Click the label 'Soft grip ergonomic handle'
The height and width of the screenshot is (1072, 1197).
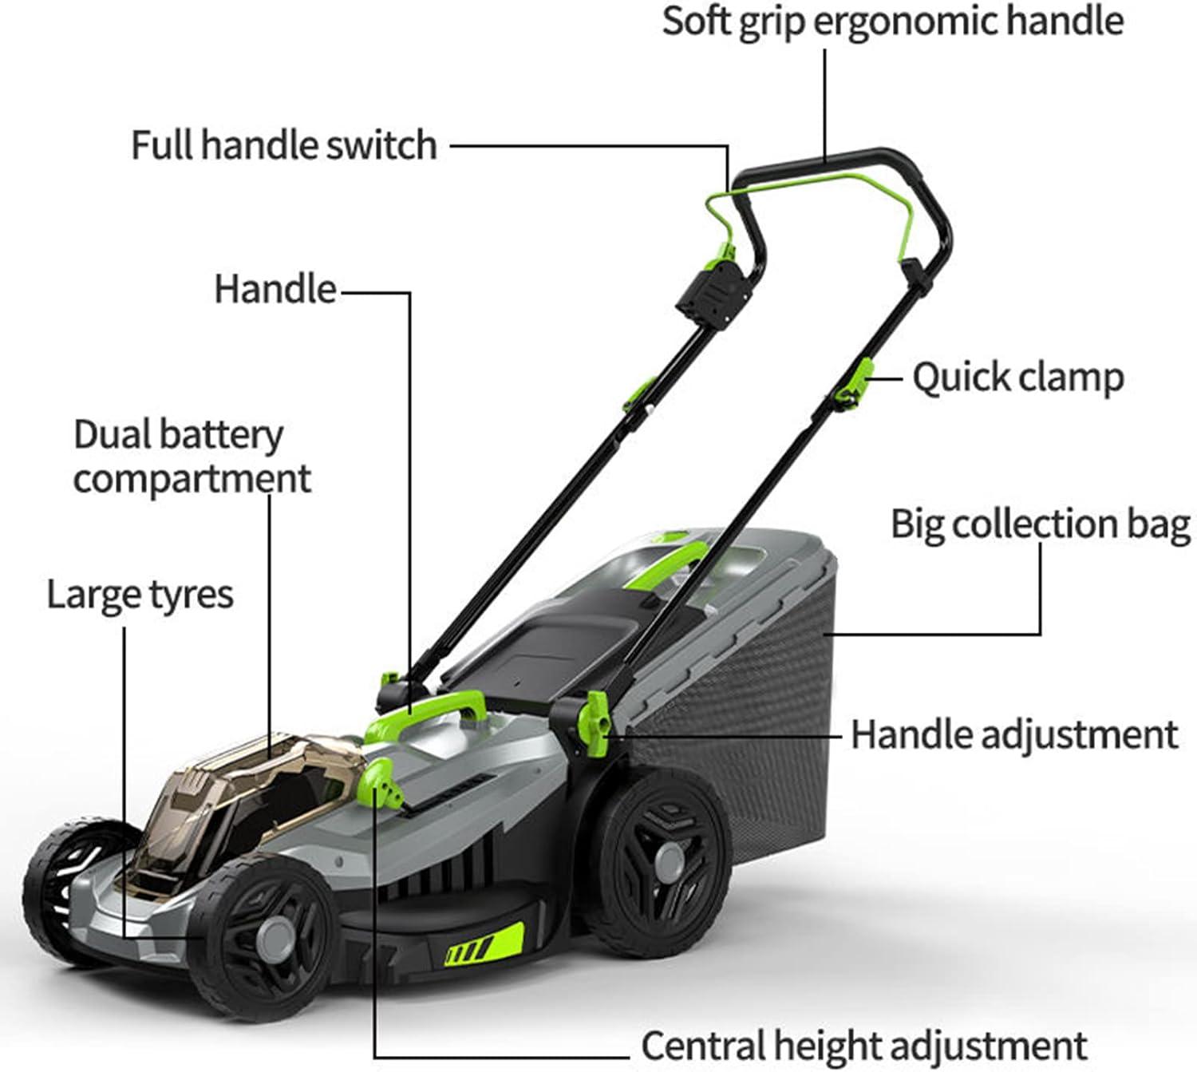pos(892,21)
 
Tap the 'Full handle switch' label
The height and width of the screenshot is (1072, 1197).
pos(284,146)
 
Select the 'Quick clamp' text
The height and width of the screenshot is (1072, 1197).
pos(1017,378)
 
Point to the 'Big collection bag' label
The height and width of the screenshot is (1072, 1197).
pos(1040,524)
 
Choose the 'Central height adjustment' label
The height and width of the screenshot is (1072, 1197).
pos(863,1045)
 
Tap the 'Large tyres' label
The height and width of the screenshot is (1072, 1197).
pos(140,595)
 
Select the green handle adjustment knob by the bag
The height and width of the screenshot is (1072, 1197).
pos(595,720)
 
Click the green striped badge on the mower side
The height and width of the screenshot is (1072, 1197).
pos(484,947)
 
